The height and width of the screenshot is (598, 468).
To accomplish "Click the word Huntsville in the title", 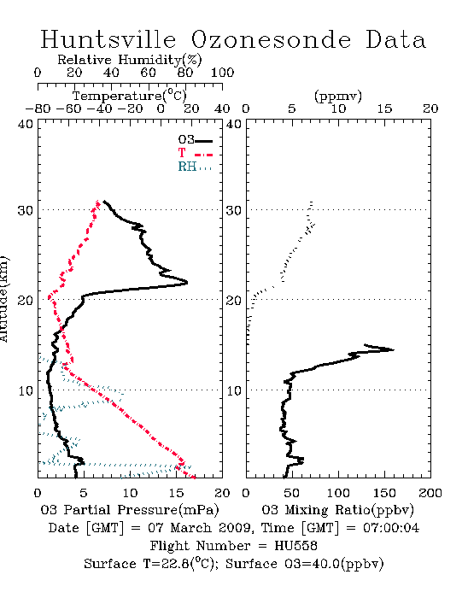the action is tap(108, 39).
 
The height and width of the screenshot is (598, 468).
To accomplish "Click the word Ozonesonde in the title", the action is tap(270, 39).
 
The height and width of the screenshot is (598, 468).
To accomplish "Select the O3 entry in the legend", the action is tap(195, 140).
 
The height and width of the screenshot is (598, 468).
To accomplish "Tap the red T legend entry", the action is tap(195, 153).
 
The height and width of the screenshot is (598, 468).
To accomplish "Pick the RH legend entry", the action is tap(195, 167).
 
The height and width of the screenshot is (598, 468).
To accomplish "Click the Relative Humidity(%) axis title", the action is tap(130, 60).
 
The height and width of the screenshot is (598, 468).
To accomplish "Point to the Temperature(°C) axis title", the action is tap(130, 96).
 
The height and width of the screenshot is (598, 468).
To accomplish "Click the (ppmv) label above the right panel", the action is tap(338, 97).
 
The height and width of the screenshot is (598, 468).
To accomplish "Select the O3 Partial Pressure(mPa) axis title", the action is tap(130, 510).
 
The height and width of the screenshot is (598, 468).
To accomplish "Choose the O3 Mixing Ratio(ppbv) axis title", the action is tap(337, 510).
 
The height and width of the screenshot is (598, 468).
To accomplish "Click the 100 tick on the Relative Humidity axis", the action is tap(222, 73).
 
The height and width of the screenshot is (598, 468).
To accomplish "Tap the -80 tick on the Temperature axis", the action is tap(38, 108).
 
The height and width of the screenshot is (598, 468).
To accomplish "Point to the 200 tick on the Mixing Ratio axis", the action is tap(430, 493).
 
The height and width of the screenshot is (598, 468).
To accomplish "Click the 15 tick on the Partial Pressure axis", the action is tap(176, 493).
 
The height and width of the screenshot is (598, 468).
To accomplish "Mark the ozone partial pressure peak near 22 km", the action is tap(187, 283).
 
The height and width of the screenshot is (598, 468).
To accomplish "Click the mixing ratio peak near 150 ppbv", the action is tap(394, 349).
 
